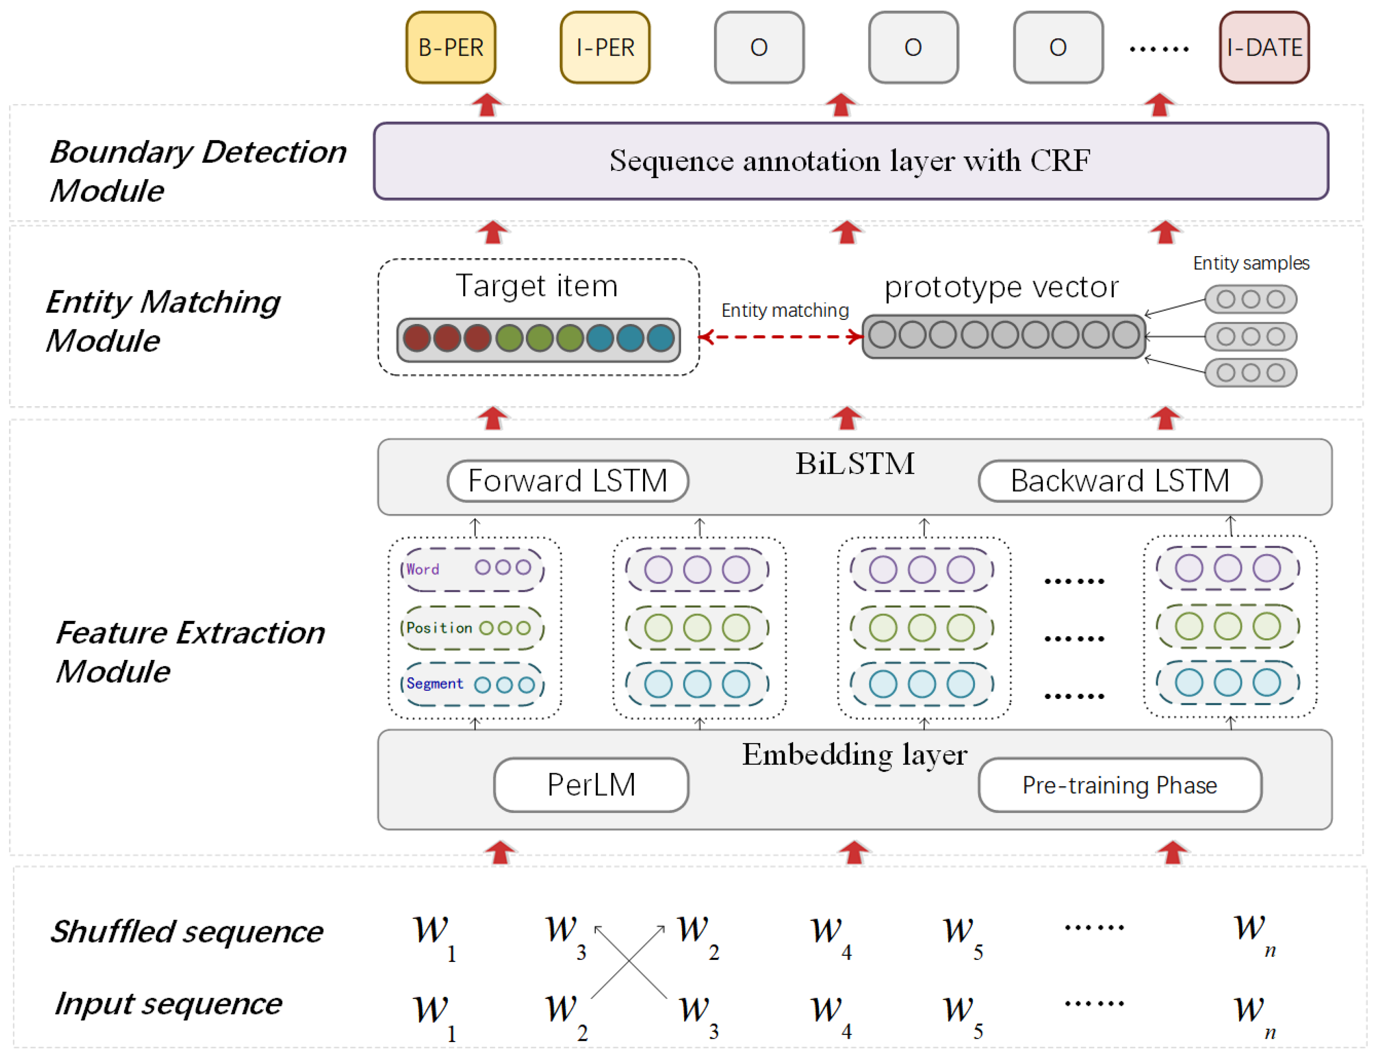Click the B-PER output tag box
[x=451, y=48]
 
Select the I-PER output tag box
[x=605, y=48]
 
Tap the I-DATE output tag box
[x=1264, y=48]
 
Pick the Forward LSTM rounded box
[x=568, y=481]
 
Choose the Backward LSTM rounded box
[x=1120, y=481]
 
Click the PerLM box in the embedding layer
[x=591, y=785]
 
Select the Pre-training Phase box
[x=1120, y=785]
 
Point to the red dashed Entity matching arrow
[x=781, y=337]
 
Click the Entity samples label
[x=1251, y=263]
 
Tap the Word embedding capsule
[x=472, y=569]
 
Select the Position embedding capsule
[x=472, y=628]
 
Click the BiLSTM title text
[x=854, y=464]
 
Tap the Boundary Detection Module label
[x=197, y=171]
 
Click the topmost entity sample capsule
[x=1250, y=299]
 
